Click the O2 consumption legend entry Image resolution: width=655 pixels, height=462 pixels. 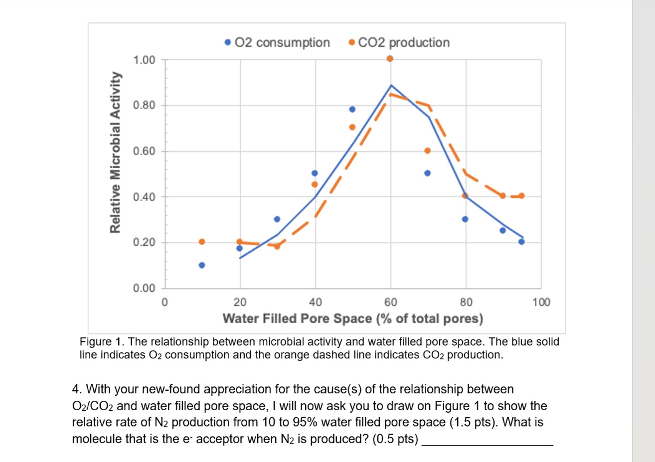277,43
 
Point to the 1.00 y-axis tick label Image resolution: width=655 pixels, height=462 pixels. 144,60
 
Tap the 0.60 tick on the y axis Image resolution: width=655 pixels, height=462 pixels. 144,151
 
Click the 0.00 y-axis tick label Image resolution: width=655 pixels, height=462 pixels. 144,288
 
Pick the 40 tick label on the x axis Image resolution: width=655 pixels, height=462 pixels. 316,302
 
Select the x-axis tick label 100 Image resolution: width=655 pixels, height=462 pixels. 541,302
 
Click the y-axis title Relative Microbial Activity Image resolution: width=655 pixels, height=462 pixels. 116,152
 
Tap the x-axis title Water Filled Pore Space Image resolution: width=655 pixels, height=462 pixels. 352,319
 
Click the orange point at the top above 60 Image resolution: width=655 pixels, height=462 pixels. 390,58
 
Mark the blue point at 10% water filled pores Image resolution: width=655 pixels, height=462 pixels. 202,265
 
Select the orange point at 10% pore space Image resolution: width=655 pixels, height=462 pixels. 202,241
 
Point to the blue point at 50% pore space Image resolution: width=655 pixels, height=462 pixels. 352,109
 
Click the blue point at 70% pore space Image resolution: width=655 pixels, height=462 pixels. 427,173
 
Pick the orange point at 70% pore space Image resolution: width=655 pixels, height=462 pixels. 427,150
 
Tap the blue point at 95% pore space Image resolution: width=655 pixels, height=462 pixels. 521,241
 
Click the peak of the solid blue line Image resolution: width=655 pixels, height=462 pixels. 391,85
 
